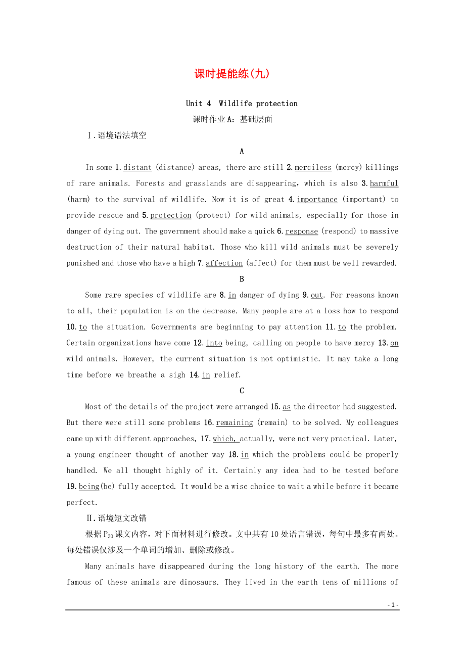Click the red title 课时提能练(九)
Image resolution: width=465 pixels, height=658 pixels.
[x=232, y=74]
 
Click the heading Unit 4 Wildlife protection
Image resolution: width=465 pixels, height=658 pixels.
[x=242, y=104]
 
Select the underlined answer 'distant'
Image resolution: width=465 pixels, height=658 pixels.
[x=137, y=168]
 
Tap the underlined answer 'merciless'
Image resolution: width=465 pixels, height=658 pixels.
[x=313, y=168]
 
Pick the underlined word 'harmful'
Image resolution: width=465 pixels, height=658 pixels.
[x=384, y=183]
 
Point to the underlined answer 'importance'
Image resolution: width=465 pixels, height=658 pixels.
[x=317, y=200]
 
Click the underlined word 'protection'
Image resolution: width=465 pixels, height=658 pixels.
[x=171, y=215]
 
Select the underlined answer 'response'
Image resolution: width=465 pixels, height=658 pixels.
[x=302, y=231]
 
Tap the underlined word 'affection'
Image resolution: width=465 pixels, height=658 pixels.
[x=224, y=263]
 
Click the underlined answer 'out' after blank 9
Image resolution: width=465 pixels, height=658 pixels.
[x=317, y=295]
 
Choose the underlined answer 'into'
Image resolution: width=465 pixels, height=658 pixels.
[x=214, y=343]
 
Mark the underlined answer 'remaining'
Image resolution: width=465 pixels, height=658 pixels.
[x=235, y=423]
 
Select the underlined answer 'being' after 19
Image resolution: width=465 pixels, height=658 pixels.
[x=89, y=487]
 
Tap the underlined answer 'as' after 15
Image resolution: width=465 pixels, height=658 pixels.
[x=287, y=407]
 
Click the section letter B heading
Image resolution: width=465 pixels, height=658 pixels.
[x=242, y=279]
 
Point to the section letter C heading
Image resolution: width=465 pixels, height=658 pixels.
[x=242, y=391]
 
